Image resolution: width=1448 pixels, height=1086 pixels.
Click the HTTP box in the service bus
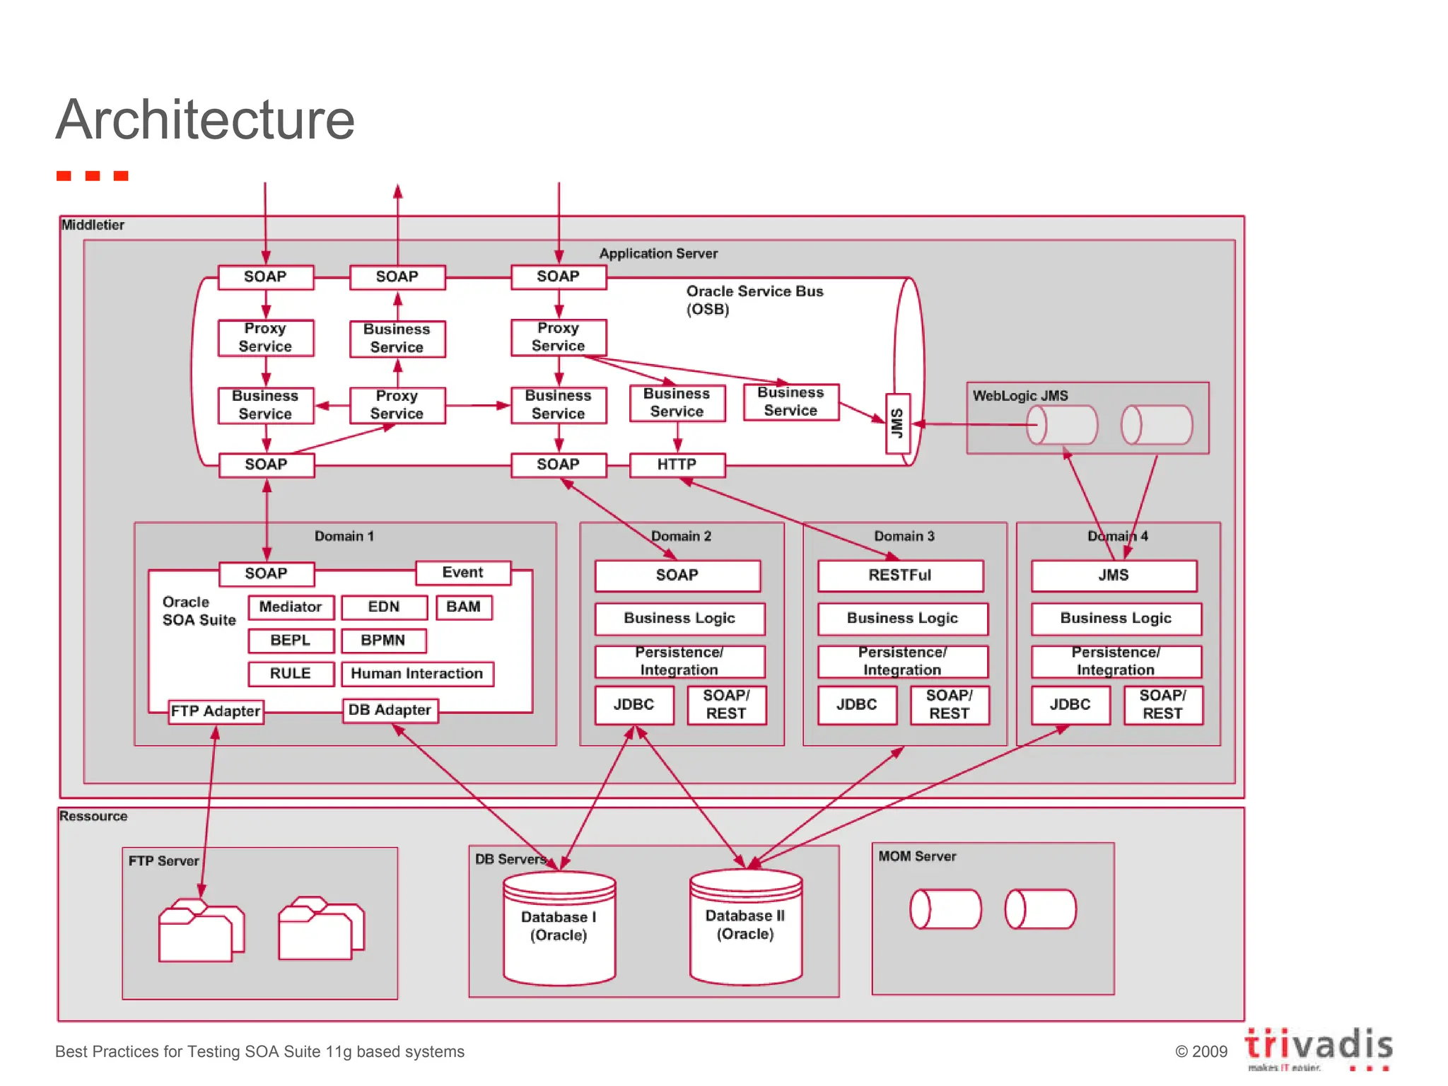[x=677, y=465]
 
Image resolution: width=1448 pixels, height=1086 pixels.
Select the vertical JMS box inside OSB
[x=897, y=423]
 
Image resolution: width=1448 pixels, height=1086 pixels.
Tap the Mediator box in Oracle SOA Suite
[x=291, y=607]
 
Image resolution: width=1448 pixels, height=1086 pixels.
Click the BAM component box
[x=463, y=607]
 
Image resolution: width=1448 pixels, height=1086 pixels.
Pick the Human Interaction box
[x=416, y=673]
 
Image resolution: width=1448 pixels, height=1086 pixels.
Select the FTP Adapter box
[x=216, y=711]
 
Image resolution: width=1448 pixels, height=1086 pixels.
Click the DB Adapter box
[x=390, y=710]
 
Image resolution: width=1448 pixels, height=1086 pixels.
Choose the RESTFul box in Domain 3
[x=899, y=575]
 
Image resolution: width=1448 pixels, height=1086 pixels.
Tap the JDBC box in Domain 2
[x=633, y=704]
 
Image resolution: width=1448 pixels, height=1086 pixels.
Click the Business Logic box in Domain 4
[x=1115, y=618]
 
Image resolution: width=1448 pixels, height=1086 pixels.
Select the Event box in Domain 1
[x=462, y=572]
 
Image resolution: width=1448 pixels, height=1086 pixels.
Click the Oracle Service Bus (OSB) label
[x=754, y=300]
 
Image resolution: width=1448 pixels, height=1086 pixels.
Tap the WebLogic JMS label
[x=1020, y=396]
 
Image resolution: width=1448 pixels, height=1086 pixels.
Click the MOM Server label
[x=916, y=856]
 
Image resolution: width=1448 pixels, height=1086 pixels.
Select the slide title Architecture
[x=205, y=119]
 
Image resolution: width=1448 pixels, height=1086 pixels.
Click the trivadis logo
[x=1318, y=1047]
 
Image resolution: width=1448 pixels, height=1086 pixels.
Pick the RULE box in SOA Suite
[x=291, y=673]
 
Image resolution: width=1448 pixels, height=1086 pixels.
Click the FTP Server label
[x=163, y=860]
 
